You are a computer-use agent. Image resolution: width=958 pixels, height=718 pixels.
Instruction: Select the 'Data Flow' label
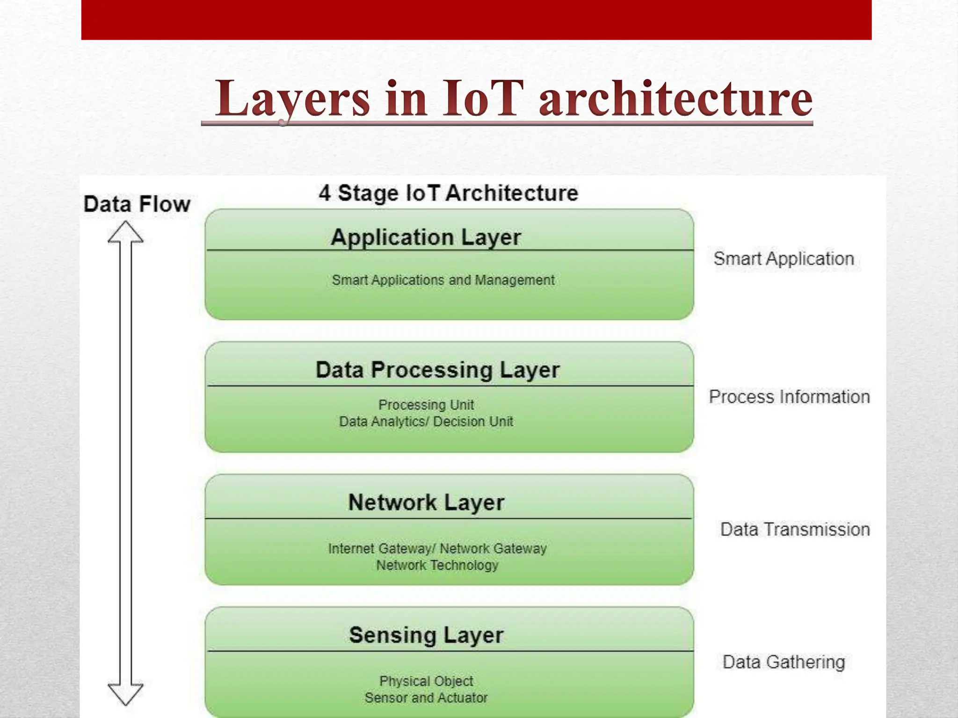coord(137,204)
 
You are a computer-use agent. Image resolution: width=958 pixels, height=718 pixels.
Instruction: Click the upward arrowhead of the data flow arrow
coord(125,232)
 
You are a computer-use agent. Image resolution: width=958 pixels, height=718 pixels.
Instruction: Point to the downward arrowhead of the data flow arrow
coord(125,693)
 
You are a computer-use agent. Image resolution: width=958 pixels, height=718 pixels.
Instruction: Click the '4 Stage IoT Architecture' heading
coord(448,193)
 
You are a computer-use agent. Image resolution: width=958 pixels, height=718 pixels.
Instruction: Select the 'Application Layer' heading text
coord(426,237)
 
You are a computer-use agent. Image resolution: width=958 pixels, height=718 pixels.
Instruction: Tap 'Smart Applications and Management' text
coord(443,280)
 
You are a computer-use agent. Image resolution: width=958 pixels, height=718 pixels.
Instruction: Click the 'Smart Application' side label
coord(784,258)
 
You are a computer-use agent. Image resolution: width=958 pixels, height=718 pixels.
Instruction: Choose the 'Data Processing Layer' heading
coord(437,370)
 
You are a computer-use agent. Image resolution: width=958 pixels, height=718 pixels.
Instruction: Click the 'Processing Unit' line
coord(426,404)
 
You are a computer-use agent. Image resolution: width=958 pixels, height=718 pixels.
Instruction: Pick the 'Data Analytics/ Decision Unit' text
coord(426,421)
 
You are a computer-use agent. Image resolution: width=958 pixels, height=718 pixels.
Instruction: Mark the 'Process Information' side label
coord(789,397)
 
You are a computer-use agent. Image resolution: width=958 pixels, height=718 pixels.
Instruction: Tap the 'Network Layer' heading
coord(426,503)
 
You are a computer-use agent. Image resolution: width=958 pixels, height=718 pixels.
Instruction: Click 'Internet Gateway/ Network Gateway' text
coord(437,548)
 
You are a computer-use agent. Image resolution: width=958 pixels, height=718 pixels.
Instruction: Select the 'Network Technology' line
coord(437,565)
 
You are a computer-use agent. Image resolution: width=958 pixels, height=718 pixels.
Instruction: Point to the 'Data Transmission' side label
coord(795,530)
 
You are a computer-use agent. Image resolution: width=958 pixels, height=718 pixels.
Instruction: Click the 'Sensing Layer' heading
coord(426,635)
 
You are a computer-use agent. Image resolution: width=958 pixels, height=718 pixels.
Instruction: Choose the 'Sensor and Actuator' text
coord(426,698)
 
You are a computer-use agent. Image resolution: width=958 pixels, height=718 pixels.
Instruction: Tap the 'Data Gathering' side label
coord(784,662)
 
